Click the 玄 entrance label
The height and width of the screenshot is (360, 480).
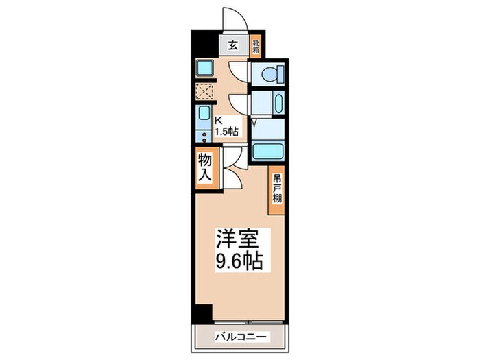pos(232,47)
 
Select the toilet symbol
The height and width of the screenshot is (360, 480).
pos(269,73)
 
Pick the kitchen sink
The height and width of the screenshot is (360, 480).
pos(204,114)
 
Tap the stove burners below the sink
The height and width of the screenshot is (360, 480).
pos(204,133)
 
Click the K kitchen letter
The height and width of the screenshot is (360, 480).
pos(219,119)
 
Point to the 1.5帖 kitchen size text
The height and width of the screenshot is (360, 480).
pos(227,131)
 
